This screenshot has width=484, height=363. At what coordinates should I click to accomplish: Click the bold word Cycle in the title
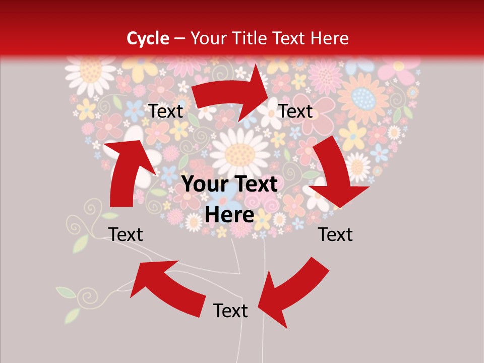coord(148,38)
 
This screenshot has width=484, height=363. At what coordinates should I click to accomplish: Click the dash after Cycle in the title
coord(179,39)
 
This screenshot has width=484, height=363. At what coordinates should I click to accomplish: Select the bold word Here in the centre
coord(230,215)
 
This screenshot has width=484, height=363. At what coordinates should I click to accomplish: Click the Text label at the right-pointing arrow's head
coord(296,111)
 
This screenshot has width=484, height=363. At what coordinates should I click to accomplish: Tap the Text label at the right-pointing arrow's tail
coord(166,111)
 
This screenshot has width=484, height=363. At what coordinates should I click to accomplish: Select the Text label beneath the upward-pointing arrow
coord(126,234)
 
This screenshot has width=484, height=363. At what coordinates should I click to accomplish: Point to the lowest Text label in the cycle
coord(230,311)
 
